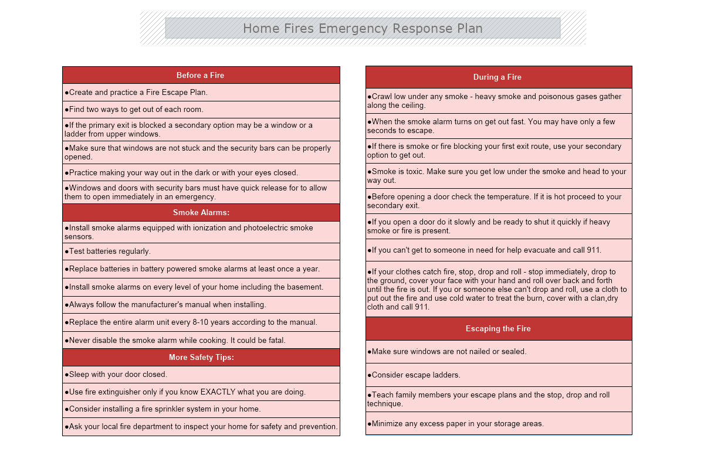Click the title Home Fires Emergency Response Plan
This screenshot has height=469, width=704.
[363, 28]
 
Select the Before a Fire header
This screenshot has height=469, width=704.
[201, 75]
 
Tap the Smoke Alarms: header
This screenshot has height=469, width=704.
[201, 212]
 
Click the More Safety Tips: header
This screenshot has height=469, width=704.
[201, 357]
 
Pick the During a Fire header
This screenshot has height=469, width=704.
[497, 77]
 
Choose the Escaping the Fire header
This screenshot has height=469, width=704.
[498, 328]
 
